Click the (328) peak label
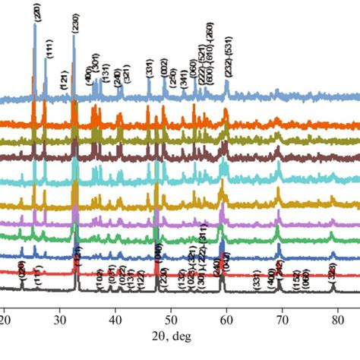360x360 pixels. click(x=332, y=271)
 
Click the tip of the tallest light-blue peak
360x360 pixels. click(x=35, y=23)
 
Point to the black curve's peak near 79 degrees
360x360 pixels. click(x=333, y=284)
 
